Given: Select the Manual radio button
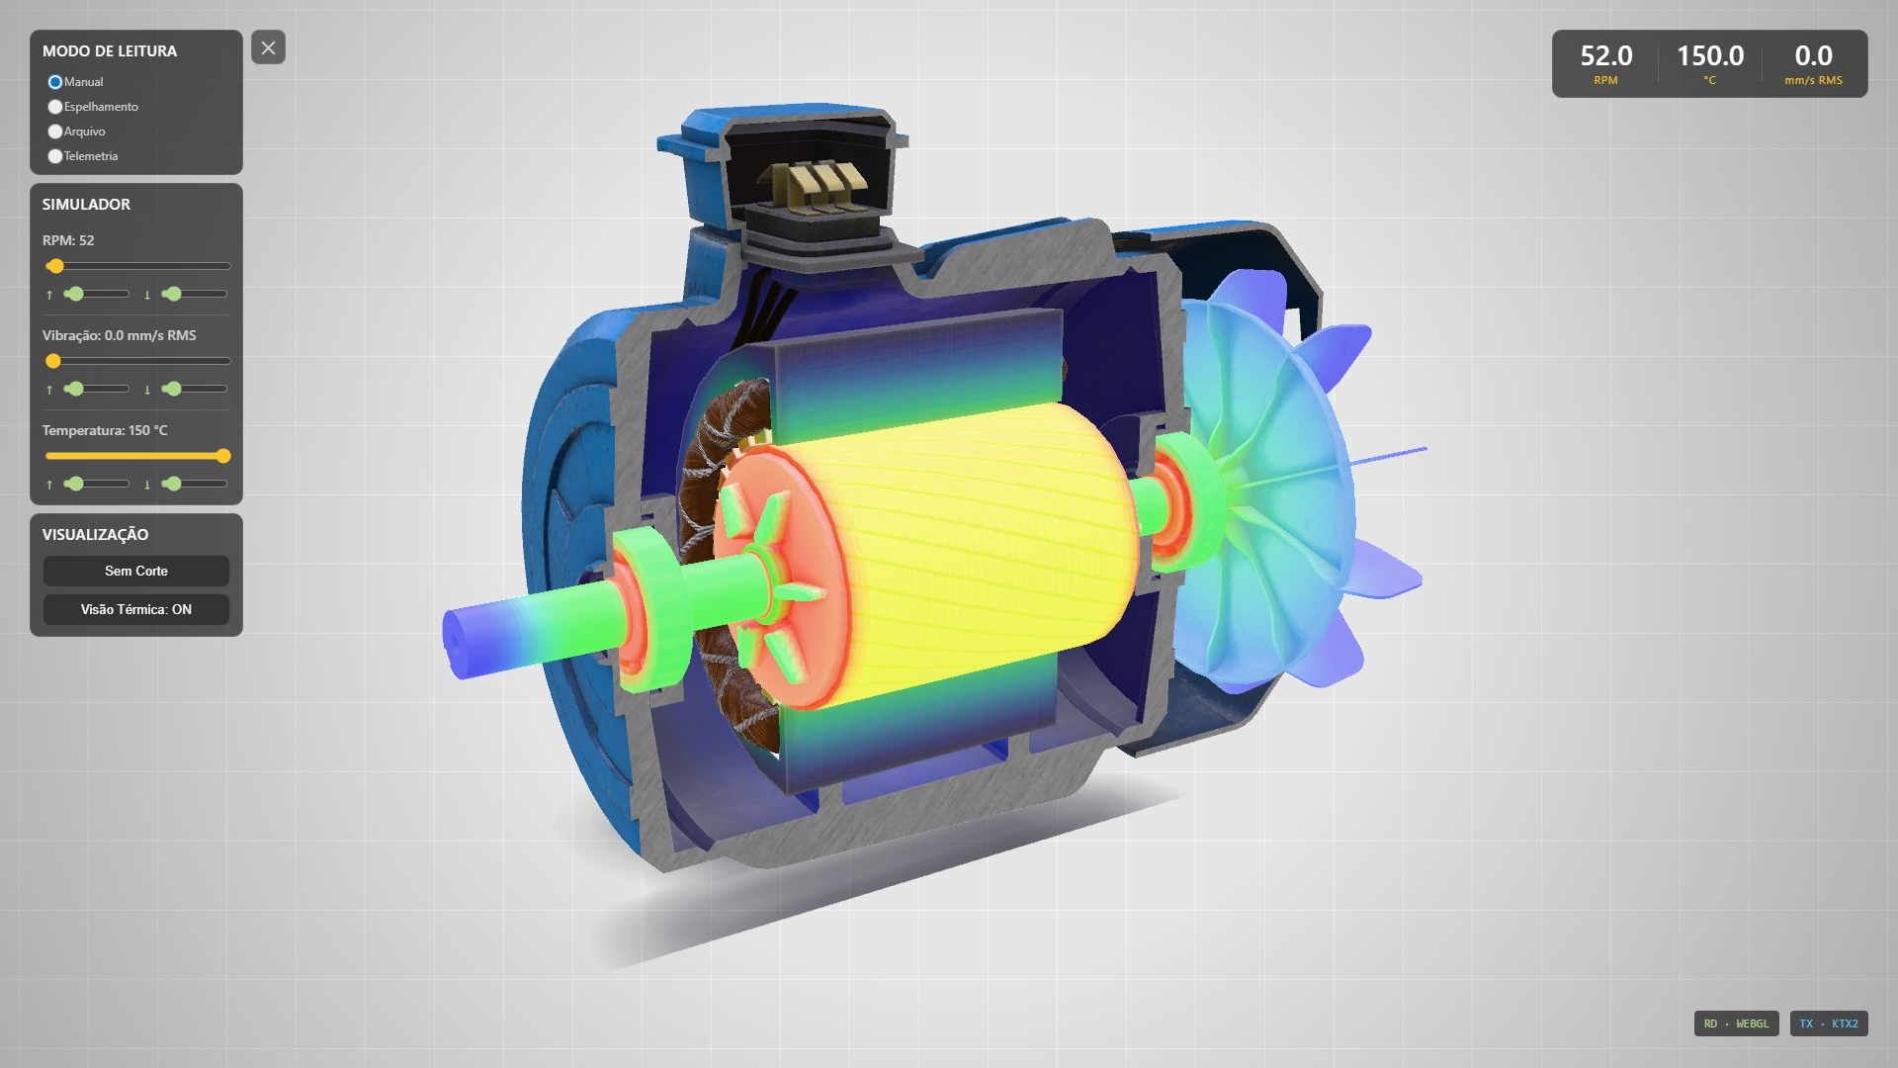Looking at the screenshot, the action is (55, 82).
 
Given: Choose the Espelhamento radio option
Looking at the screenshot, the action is (55, 107).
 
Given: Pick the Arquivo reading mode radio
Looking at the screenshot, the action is (55, 132).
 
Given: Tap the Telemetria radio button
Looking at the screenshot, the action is (55, 156).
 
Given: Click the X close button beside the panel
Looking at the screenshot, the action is (268, 47).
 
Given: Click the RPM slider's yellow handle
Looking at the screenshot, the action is (56, 266).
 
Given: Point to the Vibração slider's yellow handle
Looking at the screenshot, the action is (53, 361).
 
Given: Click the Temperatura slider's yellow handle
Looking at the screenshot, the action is (223, 456).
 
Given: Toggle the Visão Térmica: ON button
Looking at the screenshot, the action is (136, 609).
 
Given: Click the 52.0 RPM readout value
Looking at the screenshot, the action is (1606, 56).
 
